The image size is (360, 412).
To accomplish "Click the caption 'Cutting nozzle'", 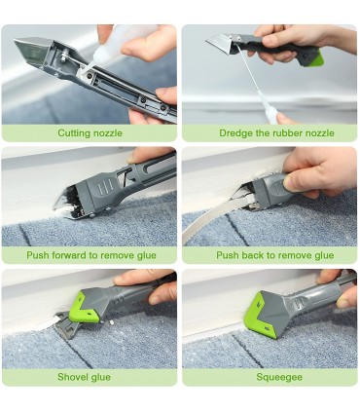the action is coord(90,133).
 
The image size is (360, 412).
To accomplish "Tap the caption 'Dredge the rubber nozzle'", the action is coord(276,133).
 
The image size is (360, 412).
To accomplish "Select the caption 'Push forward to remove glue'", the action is coord(91,255).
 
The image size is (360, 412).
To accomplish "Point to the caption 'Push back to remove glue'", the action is coord(275,255).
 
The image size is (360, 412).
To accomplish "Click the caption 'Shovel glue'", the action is coord(84,377).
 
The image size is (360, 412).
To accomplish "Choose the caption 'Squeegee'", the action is coord(279,377).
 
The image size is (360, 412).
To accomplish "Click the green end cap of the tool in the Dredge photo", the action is coord(315,58).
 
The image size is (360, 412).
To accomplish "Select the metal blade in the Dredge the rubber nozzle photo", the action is coord(219,45).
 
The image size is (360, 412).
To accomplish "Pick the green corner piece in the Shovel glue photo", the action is coord(87,309).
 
